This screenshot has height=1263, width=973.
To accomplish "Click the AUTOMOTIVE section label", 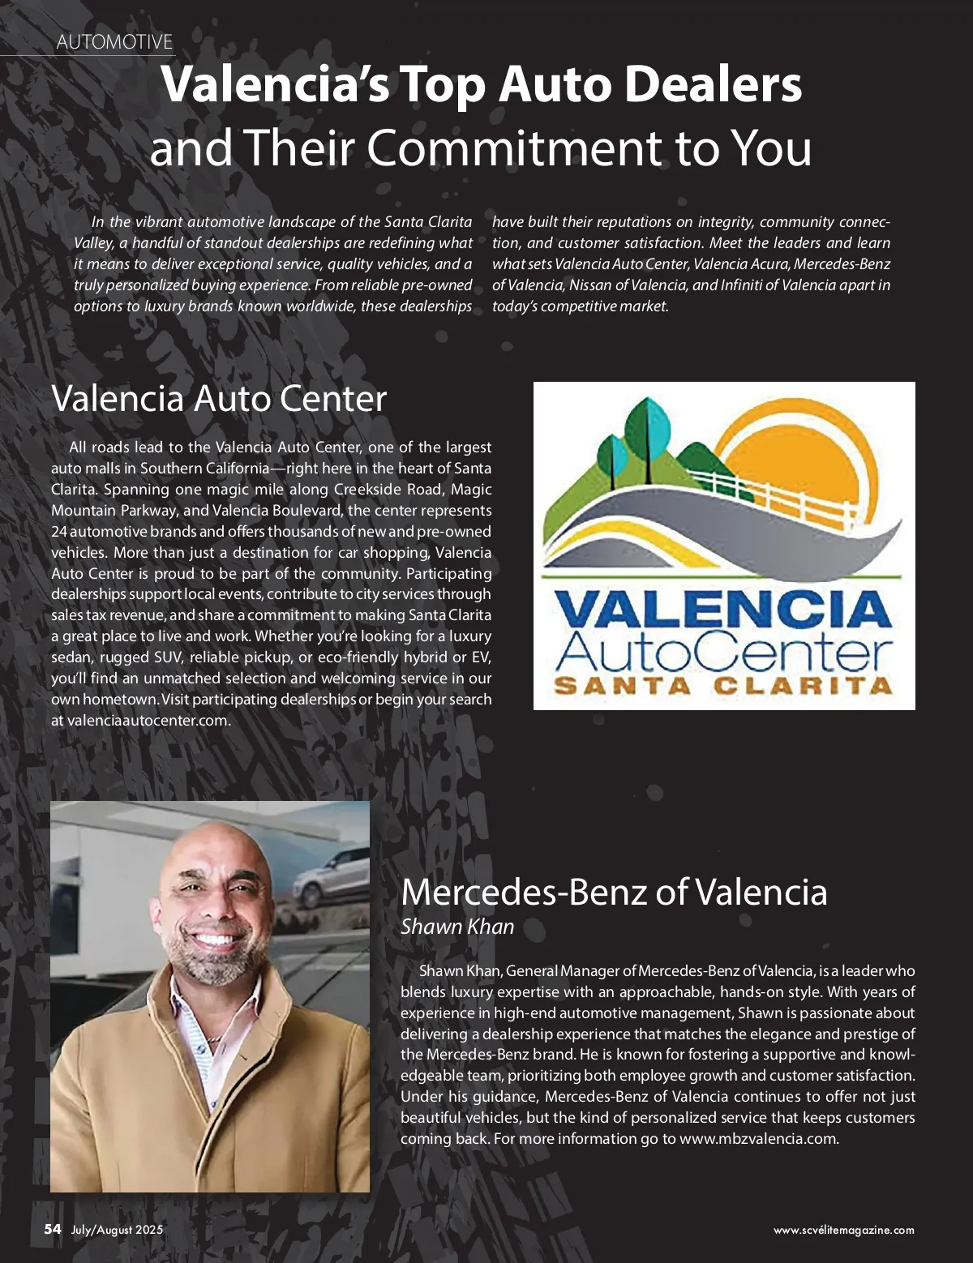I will pyautogui.click(x=114, y=42).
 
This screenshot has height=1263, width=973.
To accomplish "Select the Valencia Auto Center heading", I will pyautogui.click(x=219, y=399).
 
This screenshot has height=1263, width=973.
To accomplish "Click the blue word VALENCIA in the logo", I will pyautogui.click(x=723, y=610).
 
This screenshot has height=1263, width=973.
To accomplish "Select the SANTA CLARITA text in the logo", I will pyautogui.click(x=723, y=686).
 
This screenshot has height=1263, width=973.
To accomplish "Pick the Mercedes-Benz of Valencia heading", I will pyautogui.click(x=614, y=893).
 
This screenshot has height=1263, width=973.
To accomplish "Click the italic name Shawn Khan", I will pyautogui.click(x=457, y=927).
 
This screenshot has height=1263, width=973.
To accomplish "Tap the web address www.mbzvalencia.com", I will pyautogui.click(x=758, y=1139).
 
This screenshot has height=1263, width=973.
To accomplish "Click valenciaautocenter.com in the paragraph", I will pyautogui.click(x=148, y=721).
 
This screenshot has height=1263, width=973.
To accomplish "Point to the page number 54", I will pyautogui.click(x=53, y=1229).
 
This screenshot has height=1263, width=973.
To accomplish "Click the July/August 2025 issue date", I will pyautogui.click(x=117, y=1230).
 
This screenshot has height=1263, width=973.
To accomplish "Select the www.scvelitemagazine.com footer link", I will pyautogui.click(x=843, y=1231).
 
